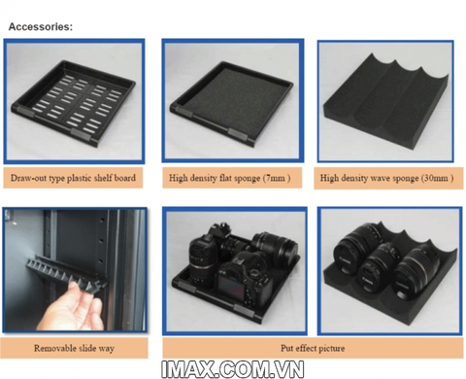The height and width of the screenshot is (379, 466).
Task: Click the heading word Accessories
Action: (41, 26)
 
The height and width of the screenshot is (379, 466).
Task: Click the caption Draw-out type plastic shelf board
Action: (73, 178)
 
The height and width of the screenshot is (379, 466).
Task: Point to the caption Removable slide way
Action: (74, 348)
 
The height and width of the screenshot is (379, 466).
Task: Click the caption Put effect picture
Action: (313, 348)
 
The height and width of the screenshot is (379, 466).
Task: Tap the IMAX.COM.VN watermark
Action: (233, 368)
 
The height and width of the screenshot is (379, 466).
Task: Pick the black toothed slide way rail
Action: (66, 274)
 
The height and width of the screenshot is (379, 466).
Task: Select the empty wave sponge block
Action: (386, 103)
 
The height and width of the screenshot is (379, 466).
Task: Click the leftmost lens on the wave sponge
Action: (356, 248)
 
